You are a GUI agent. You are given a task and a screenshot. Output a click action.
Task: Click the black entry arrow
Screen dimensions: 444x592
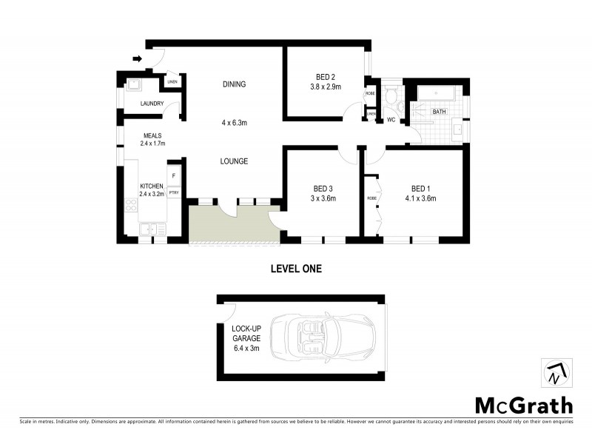tap(138, 58)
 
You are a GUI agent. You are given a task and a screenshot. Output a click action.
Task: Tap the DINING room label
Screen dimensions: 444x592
tap(234, 84)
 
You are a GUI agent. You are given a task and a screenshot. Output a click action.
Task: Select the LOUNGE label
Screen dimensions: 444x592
tap(234, 161)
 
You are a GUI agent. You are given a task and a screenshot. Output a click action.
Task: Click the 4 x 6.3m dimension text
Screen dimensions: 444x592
tap(234, 123)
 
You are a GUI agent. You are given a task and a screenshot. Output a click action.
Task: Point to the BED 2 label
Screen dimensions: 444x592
tap(324, 76)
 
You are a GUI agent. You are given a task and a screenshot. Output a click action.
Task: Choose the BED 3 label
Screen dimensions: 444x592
tap(324, 188)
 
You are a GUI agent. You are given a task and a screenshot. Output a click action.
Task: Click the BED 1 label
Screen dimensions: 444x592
tap(420, 188)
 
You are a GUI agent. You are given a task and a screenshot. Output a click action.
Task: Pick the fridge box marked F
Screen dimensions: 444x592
tap(174, 176)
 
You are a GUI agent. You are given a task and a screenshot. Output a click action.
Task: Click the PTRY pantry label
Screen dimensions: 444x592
tap(174, 192)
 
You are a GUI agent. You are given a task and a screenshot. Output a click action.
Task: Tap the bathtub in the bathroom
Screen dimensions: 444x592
tap(438, 94)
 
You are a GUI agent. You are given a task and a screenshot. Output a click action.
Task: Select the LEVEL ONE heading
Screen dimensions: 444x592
tap(295, 269)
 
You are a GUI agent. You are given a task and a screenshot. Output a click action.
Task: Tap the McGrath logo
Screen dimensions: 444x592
tap(523, 405)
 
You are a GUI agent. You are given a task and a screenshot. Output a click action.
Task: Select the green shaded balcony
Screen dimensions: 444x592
tap(232, 225)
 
